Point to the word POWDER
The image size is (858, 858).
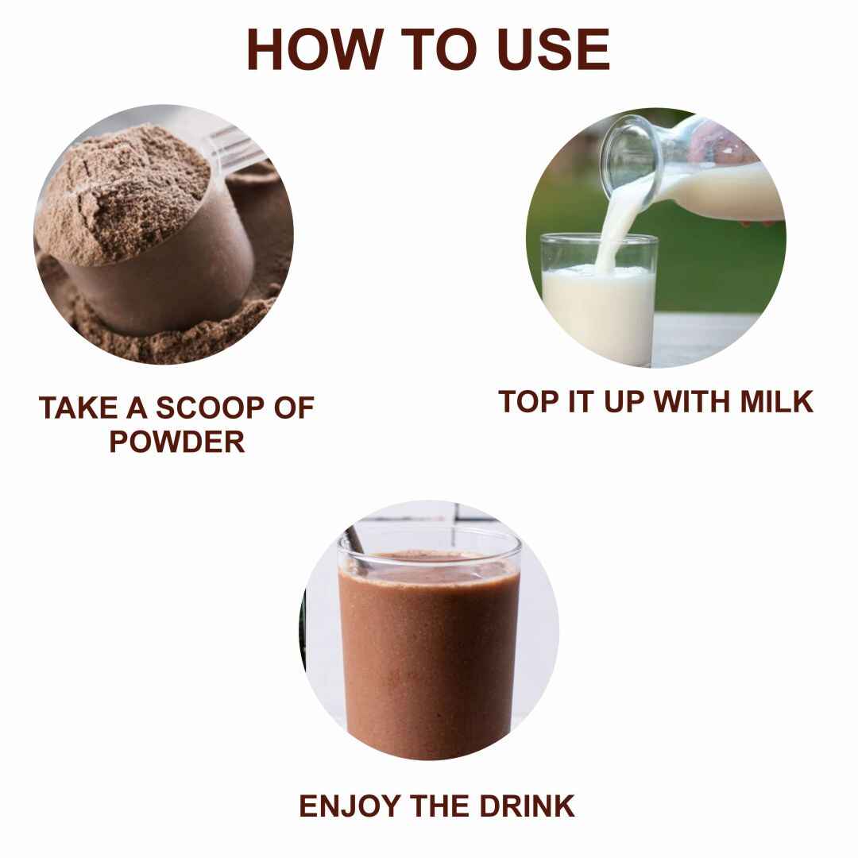click(x=176, y=442)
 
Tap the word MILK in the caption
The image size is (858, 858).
click(x=777, y=402)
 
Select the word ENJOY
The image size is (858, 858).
click(x=350, y=806)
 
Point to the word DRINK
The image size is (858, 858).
click(x=527, y=806)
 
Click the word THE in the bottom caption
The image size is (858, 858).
click(x=439, y=806)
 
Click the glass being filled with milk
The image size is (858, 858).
click(x=600, y=298)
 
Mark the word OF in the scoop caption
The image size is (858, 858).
click(x=295, y=408)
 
